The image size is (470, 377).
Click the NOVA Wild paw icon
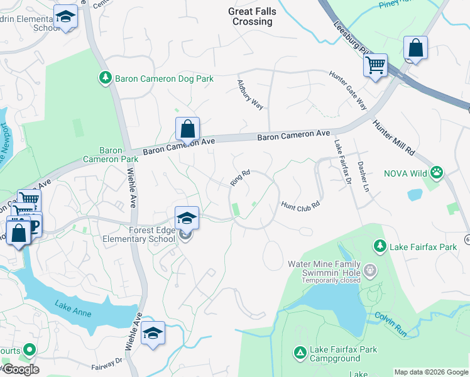(437, 172)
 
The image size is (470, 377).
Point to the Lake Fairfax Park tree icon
(379, 244)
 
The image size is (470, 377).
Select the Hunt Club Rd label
(300, 205)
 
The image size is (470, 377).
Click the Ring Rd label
(240, 177)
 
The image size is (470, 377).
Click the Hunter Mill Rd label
(394, 138)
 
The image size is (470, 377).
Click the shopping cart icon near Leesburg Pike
(375, 64)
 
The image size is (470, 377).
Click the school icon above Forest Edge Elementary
(187, 217)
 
